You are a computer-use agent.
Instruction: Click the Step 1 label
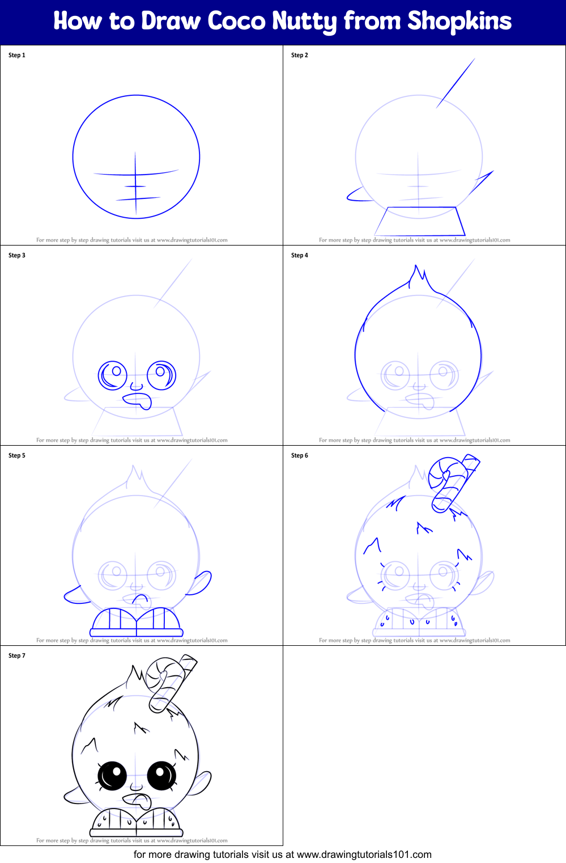click(x=17, y=55)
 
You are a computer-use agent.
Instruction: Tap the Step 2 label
click(x=300, y=55)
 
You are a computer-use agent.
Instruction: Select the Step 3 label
click(x=17, y=255)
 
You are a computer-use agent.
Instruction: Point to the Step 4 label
click(x=300, y=255)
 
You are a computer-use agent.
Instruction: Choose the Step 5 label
click(x=17, y=455)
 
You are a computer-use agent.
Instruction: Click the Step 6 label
click(x=300, y=455)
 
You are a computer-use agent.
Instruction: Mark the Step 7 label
click(x=17, y=655)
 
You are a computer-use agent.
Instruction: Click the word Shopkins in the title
click(x=459, y=21)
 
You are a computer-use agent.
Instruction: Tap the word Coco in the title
click(x=237, y=21)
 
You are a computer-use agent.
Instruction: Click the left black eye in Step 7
click(x=112, y=775)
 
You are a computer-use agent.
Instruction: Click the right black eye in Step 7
click(x=162, y=775)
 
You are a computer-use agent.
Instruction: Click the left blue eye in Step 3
click(x=113, y=375)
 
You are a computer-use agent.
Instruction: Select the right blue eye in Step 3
click(x=161, y=374)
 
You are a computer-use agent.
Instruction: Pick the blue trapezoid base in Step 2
click(x=419, y=222)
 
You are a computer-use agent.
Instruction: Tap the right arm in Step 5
click(x=201, y=582)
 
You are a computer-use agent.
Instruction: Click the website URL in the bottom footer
click(x=364, y=854)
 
